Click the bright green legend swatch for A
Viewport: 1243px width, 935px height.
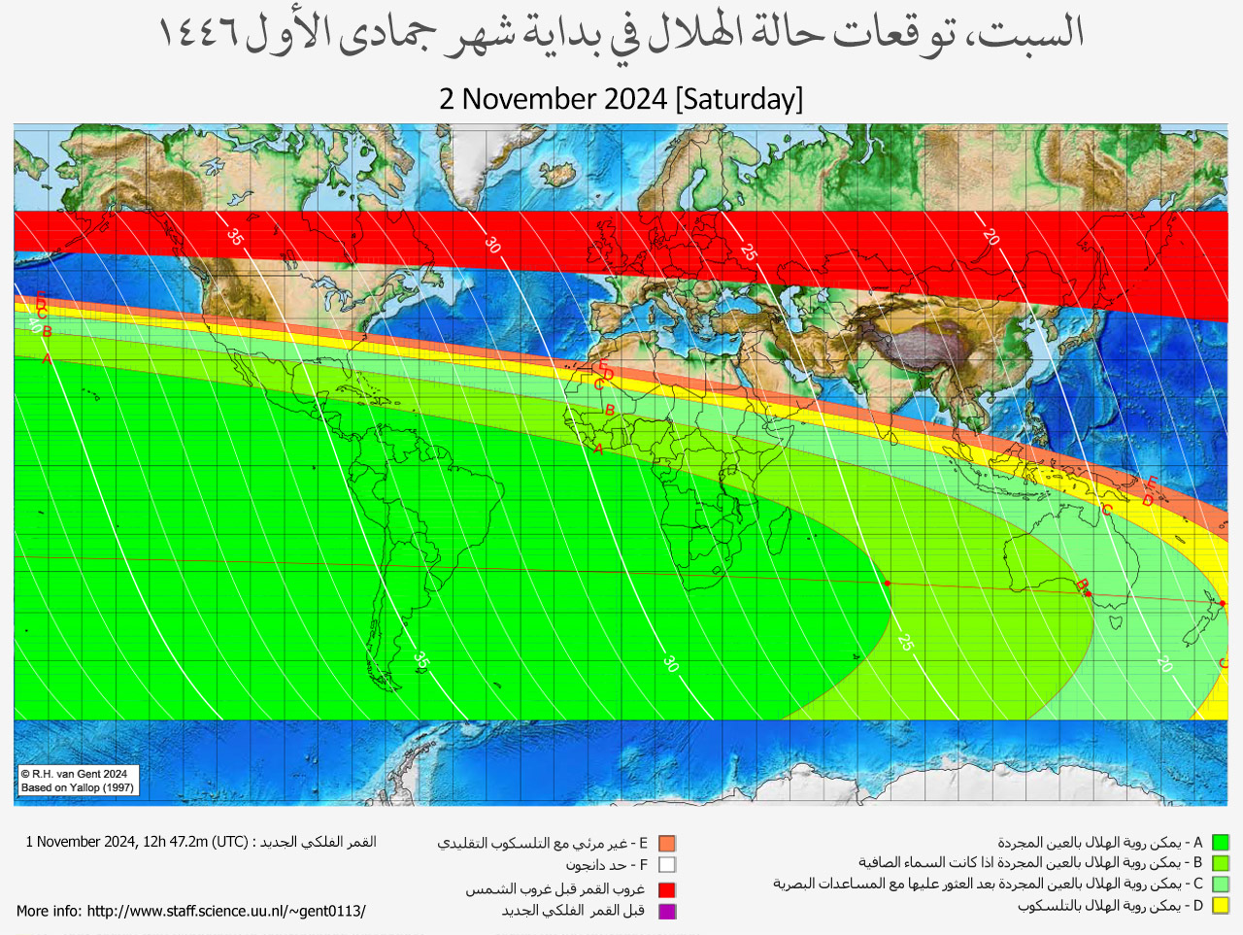[x=1221, y=843]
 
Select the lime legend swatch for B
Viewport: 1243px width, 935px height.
[x=1221, y=863]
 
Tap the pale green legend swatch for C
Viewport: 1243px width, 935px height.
[x=1221, y=885]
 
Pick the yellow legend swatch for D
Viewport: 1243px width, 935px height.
[x=1221, y=906]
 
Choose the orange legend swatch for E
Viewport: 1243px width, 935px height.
[x=666, y=844]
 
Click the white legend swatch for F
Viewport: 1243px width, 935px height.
[x=666, y=865]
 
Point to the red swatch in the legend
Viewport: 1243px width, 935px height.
[x=666, y=889]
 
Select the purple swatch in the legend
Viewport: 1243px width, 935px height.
[x=666, y=911]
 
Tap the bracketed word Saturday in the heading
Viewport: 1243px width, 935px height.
[x=739, y=99]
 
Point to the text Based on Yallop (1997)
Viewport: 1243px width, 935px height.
[x=78, y=787]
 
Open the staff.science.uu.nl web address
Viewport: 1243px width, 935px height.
[x=225, y=911]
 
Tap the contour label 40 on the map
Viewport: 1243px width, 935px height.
[x=34, y=326]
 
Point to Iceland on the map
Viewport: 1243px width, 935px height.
[x=560, y=175]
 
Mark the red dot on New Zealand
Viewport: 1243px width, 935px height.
[x=1222, y=604]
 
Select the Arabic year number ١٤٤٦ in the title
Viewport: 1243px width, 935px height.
[x=198, y=34]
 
